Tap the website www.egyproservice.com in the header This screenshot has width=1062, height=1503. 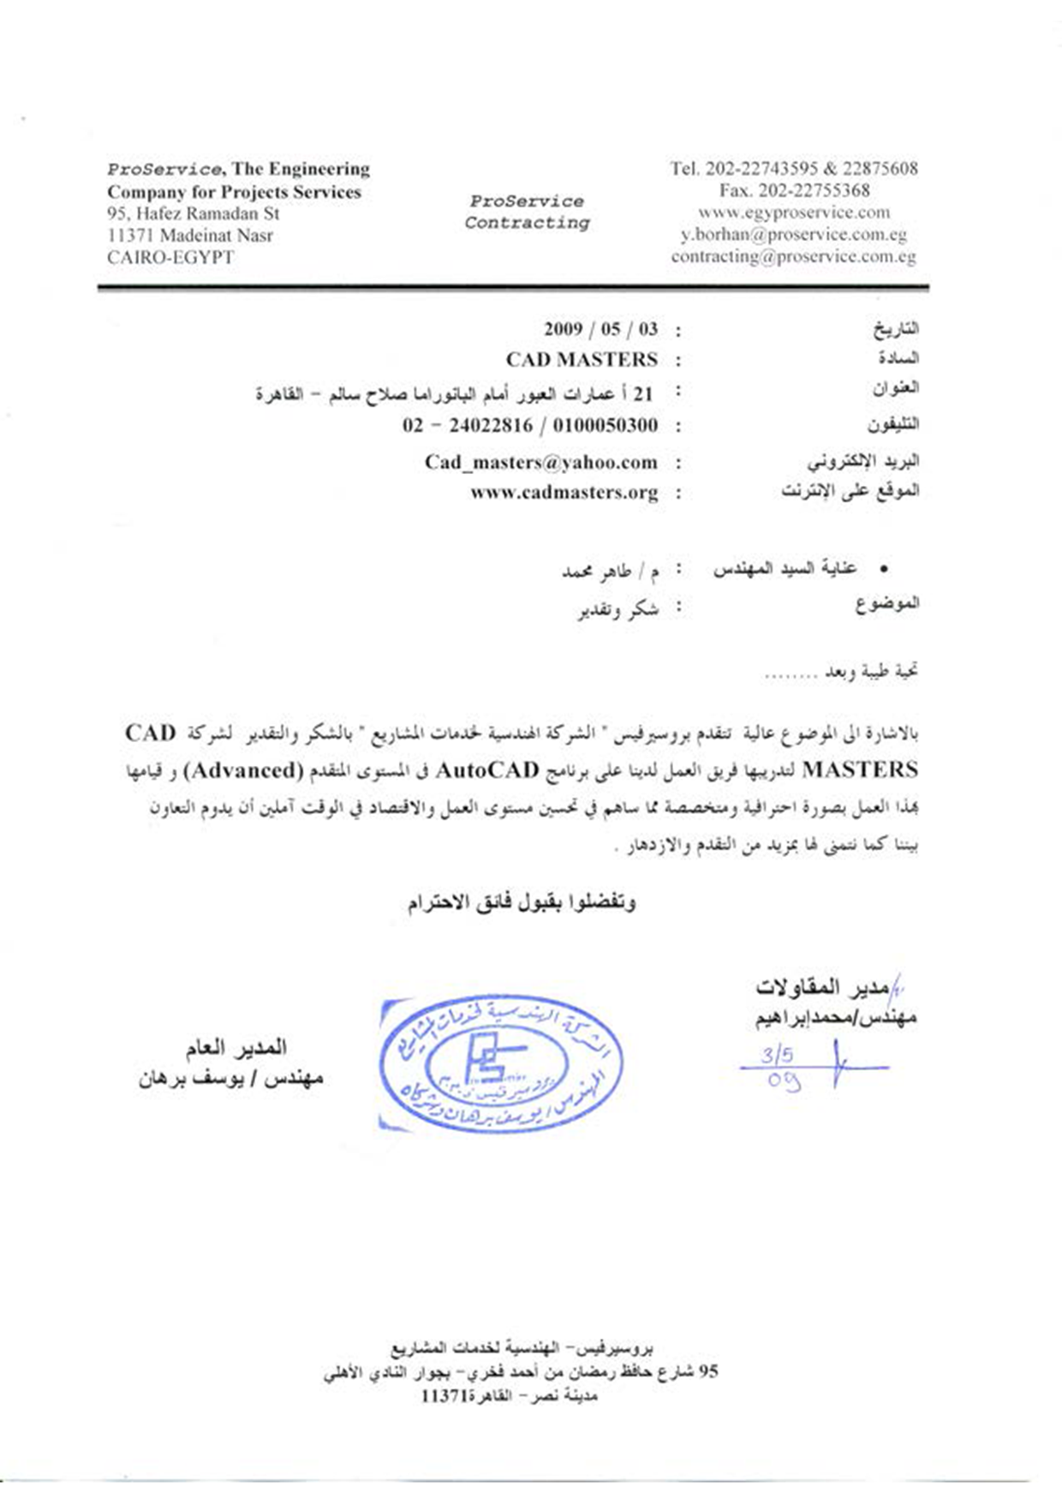point(794,213)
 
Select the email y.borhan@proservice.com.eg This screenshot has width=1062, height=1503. point(794,234)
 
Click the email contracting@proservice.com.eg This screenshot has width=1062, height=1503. point(794,256)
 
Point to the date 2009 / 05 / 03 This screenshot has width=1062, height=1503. point(601,329)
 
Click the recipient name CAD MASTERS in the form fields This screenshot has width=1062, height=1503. point(582,359)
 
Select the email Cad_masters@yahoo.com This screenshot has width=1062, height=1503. point(541,463)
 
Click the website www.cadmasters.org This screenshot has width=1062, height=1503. point(564,493)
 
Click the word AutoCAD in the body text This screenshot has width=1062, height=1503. point(487,770)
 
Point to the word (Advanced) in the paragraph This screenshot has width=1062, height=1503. point(245,770)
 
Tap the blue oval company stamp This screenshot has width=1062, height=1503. point(501,1063)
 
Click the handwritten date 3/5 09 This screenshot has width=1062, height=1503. point(779,1067)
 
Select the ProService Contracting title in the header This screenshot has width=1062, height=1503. point(527,212)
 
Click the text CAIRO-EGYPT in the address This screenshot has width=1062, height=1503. point(170,257)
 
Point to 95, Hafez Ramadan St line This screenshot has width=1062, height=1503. point(194,213)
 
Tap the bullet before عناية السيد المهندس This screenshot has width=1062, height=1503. point(884,569)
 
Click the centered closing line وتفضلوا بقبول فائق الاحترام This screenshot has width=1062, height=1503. point(522,901)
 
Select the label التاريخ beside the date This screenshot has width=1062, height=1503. point(896,328)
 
